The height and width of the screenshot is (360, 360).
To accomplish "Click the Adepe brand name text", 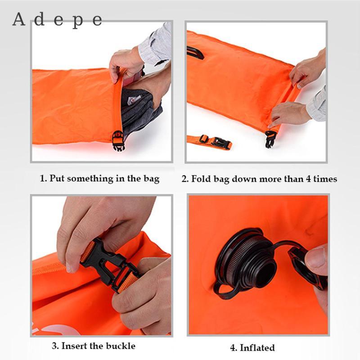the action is pyautogui.click(x=58, y=20).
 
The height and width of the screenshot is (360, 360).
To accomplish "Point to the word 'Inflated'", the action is pyautogui.click(x=257, y=347).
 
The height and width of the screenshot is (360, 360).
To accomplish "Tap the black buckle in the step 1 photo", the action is pyautogui.click(x=118, y=140).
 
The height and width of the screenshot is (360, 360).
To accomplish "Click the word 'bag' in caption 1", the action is pyautogui.click(x=152, y=179).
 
